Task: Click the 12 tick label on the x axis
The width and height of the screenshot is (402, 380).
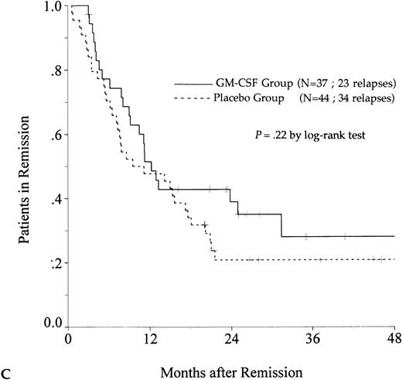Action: tap(151, 339)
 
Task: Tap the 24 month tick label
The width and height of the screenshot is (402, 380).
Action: tap(232, 339)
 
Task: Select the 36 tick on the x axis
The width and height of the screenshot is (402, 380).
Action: tap(313, 339)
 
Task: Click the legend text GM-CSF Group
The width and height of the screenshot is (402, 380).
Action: tap(252, 82)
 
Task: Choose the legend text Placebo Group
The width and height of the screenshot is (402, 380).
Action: tap(251, 98)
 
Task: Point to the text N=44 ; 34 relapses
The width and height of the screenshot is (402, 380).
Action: tap(344, 98)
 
